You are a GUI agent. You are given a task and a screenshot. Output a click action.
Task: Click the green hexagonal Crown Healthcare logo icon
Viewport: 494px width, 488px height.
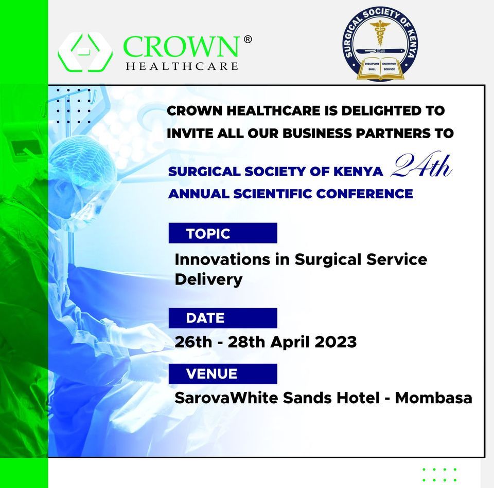pos(85,52)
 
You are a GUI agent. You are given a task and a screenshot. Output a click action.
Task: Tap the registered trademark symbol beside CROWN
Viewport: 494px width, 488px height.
pos(248,40)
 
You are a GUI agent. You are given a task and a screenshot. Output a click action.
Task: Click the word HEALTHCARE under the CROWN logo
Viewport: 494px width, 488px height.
pos(182,66)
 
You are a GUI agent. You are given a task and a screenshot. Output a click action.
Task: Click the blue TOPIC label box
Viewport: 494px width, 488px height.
pos(223,233)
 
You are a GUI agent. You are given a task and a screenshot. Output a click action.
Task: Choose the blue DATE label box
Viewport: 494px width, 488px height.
pos(223,318)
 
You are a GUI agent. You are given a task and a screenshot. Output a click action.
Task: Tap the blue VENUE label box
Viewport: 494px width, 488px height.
pos(223,374)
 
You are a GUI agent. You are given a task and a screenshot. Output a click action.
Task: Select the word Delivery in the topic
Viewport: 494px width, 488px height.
pos(208,279)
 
